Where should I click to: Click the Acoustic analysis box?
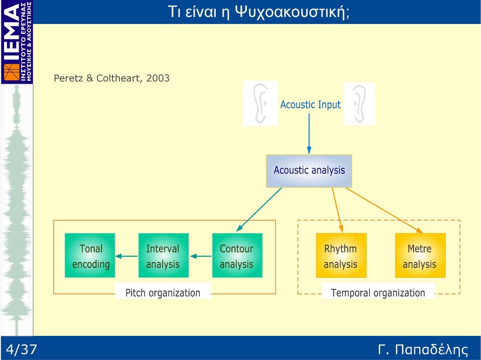click(x=309, y=171)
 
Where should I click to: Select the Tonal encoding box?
click(x=90, y=255)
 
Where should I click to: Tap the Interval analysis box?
click(x=164, y=255)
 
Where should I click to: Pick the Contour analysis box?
click(x=237, y=255)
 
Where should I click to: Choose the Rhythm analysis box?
click(x=341, y=255)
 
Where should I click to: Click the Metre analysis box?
click(x=420, y=255)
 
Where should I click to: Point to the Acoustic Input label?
click(x=310, y=105)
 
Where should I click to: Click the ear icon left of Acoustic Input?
click(x=260, y=104)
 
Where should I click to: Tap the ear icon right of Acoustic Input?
click(x=359, y=104)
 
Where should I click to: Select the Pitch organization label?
click(x=163, y=292)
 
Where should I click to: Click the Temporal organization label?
click(x=378, y=292)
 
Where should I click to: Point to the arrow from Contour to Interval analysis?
click(x=201, y=256)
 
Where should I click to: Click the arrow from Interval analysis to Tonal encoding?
click(x=127, y=256)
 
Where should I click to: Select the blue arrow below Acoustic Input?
click(x=309, y=134)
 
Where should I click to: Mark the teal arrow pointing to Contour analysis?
click(x=259, y=210)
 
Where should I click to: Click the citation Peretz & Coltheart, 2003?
click(x=111, y=78)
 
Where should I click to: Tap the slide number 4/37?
click(x=21, y=349)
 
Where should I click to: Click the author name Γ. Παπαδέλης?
click(x=423, y=349)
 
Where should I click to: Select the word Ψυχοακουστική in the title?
click(x=292, y=12)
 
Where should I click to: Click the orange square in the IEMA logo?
click(x=12, y=72)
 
